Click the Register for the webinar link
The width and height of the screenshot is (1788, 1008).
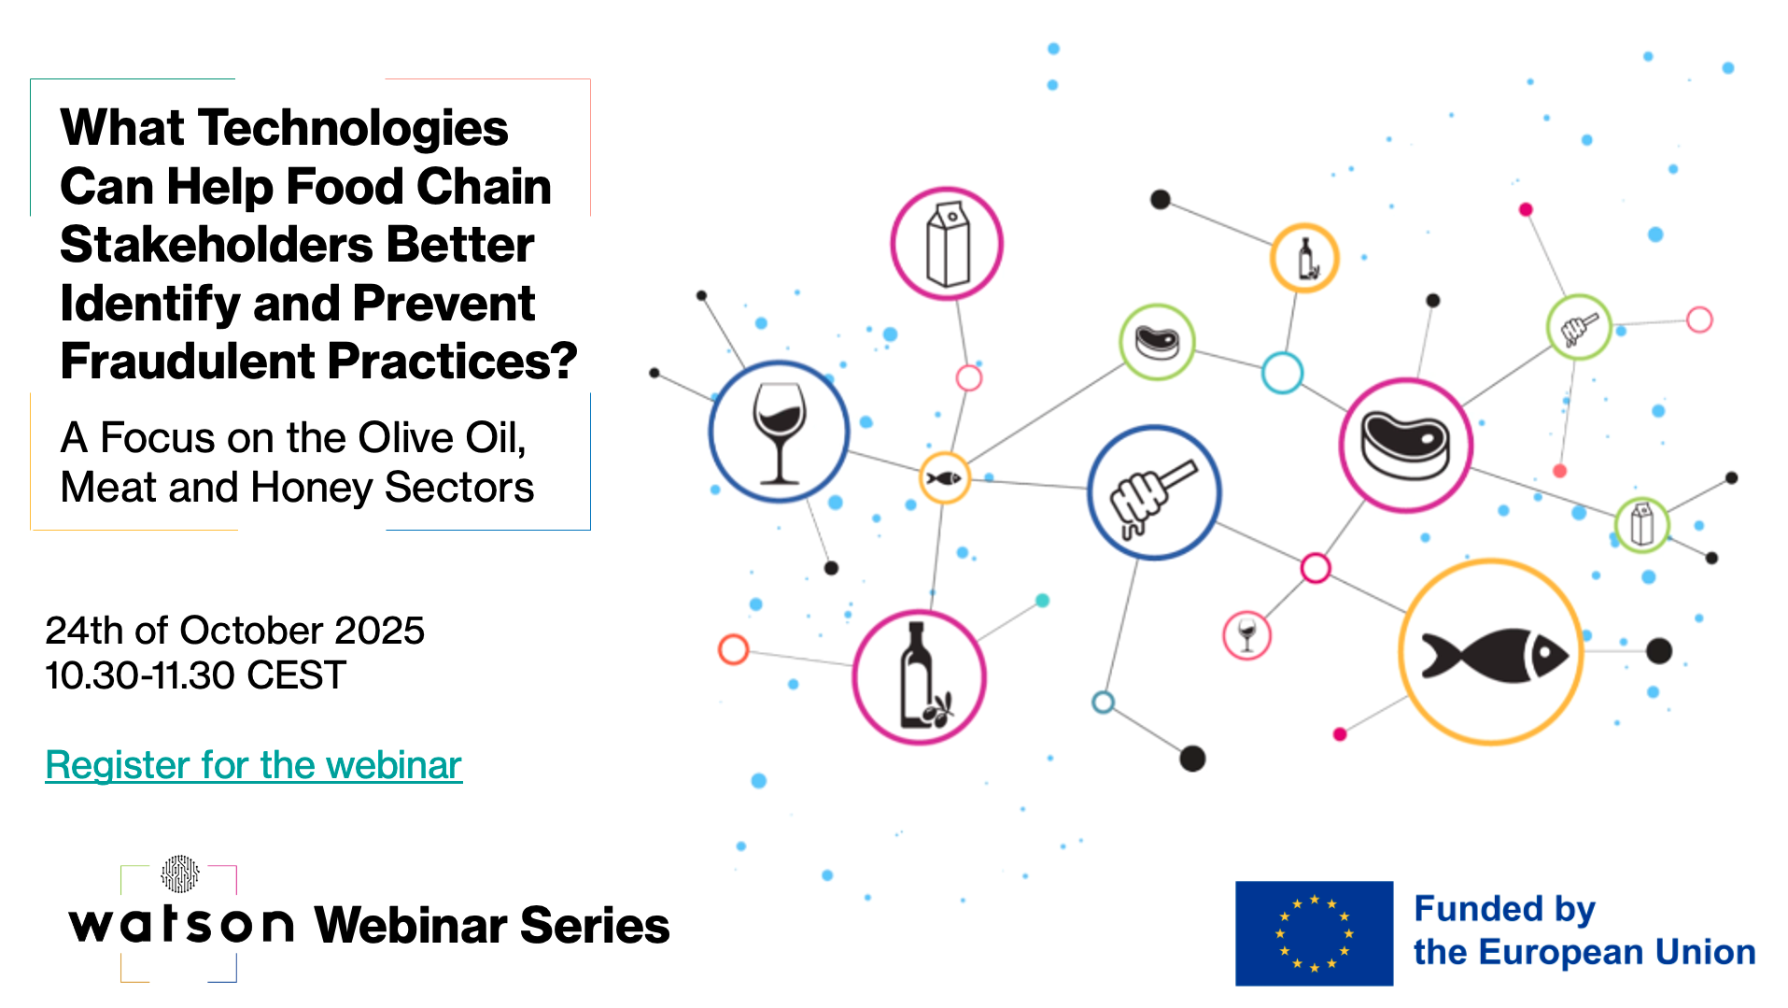coord(253,765)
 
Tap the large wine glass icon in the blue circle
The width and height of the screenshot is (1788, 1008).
coord(779,433)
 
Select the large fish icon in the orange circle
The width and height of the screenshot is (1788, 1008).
coord(1495,654)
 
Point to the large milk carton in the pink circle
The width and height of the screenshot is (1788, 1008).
coord(948,245)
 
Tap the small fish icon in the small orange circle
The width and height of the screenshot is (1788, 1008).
coord(943,478)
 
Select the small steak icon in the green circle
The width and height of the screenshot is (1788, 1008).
coord(1158,342)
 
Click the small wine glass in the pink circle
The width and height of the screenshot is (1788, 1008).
coord(1246,635)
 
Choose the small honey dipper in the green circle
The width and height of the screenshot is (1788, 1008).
coord(1579,328)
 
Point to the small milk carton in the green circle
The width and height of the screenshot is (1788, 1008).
coord(1642,524)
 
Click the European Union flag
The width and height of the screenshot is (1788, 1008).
coord(1314,933)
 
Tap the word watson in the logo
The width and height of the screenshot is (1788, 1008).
coord(181,924)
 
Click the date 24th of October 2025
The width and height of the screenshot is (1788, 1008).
coord(235,631)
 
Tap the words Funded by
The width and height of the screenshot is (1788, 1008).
coord(1504,909)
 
